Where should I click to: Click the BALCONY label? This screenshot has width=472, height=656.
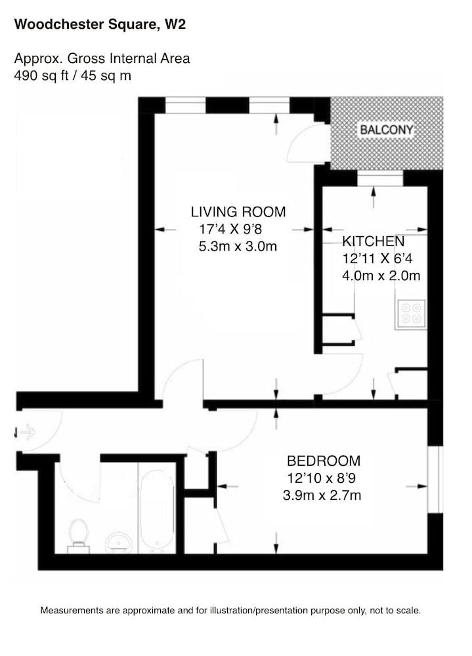(x=387, y=130)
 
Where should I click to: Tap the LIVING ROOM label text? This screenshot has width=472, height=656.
(x=238, y=212)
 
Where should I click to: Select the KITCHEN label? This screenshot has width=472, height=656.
(x=373, y=241)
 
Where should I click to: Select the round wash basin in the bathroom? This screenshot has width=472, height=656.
(x=119, y=542)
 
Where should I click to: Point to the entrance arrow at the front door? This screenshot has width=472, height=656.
(x=26, y=432)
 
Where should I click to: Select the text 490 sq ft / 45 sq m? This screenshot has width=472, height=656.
(x=73, y=75)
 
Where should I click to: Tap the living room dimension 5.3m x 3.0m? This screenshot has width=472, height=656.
(x=238, y=247)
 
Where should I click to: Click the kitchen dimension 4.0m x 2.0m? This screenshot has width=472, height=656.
(x=381, y=276)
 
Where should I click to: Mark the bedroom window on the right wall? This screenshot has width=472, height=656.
(x=434, y=480)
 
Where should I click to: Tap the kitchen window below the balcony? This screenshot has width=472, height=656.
(x=379, y=178)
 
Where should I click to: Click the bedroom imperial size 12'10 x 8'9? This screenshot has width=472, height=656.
(x=322, y=478)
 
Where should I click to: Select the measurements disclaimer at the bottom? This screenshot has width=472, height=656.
(x=230, y=610)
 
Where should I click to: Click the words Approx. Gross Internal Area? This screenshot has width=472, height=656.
(x=102, y=58)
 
